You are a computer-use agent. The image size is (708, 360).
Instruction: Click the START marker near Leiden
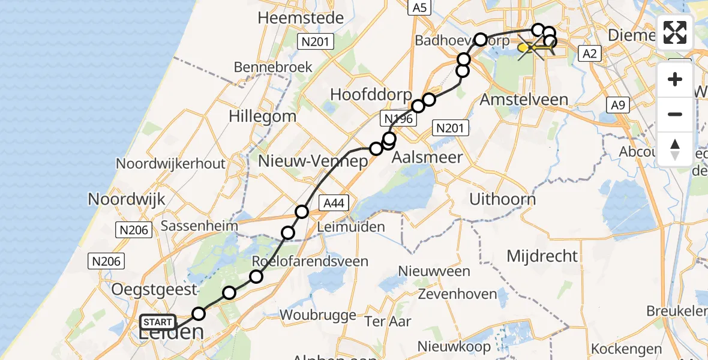pyautogui.click(x=158, y=322)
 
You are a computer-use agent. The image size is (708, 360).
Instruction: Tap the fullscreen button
pyautogui.click(x=675, y=32)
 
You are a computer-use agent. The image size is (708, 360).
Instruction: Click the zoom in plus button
pyautogui.click(x=675, y=79)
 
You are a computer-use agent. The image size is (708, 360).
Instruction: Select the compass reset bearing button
pyautogui.click(x=675, y=149)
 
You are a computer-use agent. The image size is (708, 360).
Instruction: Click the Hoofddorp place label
pyautogui.click(x=371, y=95)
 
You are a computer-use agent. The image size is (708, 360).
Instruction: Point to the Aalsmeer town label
pyautogui.click(x=427, y=157)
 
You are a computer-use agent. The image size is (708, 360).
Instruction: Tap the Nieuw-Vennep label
pyautogui.click(x=313, y=161)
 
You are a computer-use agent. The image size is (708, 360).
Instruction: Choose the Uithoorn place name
pyautogui.click(x=502, y=199)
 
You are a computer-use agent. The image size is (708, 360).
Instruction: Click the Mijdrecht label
pyautogui.click(x=542, y=256)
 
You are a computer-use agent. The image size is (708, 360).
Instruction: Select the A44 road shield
pyautogui.click(x=333, y=203)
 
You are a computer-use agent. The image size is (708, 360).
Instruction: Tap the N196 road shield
pyautogui.click(x=397, y=119)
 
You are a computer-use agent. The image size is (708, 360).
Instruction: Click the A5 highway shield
pyautogui.click(x=419, y=7)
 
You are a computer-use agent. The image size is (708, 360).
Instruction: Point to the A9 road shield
pyautogui.click(x=618, y=106)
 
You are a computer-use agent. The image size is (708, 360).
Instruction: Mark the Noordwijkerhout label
pyautogui.click(x=170, y=163)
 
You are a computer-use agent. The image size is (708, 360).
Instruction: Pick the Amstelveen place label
pyautogui.click(x=524, y=99)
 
